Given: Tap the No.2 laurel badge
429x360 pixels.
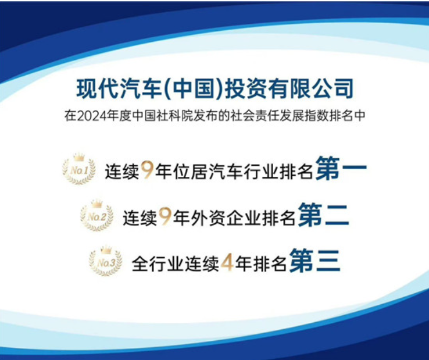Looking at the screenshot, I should coord(96,215).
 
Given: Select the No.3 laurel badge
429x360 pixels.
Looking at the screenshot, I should coord(106,261).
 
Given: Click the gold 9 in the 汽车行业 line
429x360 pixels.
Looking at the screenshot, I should coord(147,170).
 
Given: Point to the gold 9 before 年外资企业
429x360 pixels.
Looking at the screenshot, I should coord(165,217).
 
